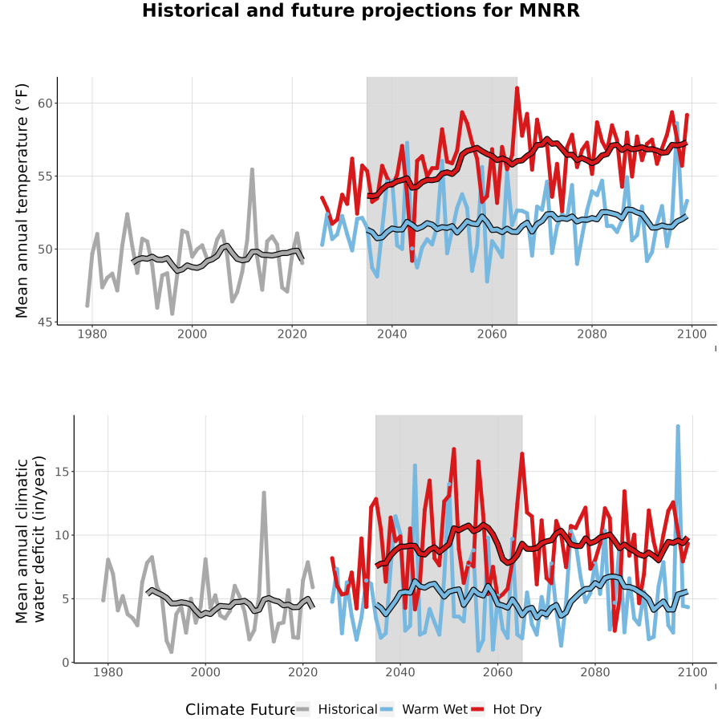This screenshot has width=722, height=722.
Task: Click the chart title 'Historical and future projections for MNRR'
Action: coord(360,10)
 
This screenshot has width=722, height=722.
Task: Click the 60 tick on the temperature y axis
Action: coord(45,103)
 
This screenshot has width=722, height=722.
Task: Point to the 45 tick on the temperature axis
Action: coord(45,322)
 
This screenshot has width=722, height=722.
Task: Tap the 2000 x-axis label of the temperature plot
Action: coord(192,334)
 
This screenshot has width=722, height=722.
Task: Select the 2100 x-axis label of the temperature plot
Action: coord(692,334)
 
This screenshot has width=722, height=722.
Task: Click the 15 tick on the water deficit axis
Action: coord(62,472)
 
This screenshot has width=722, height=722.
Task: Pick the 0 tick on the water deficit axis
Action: coord(66,663)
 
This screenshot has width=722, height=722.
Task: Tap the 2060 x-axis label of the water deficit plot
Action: coord(497,672)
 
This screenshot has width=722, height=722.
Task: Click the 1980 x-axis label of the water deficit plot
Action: coord(108,672)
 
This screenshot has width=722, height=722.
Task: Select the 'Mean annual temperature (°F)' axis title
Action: coord(21,201)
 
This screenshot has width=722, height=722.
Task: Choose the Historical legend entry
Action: coord(335,709)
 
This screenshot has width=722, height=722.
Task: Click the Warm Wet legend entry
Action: coord(424,709)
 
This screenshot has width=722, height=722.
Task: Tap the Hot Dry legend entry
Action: coord(506,709)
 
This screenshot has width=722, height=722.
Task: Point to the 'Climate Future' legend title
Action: coord(240,710)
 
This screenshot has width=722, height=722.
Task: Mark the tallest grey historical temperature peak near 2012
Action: coord(253,169)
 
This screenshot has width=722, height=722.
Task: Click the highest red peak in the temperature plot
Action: coord(517,87)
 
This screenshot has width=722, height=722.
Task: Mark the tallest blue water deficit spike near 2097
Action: coord(678,427)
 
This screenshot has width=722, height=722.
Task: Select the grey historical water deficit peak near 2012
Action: coord(264,493)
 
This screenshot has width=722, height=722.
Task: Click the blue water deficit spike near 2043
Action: coord(415,465)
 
